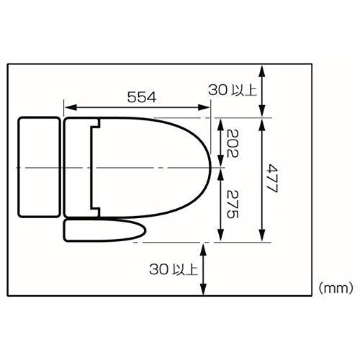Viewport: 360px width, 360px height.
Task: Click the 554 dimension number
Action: point(142,97)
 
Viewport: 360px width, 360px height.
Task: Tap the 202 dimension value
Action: point(233,143)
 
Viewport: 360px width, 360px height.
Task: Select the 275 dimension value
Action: point(233,204)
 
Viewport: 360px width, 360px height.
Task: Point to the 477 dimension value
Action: point(272,179)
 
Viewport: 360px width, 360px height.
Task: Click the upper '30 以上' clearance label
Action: point(233,90)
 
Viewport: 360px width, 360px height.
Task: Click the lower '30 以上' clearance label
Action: point(174,269)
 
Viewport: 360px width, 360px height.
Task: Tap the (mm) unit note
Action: point(336,287)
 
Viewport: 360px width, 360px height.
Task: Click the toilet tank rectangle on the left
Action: point(39,167)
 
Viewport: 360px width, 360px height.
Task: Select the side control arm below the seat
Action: point(104,230)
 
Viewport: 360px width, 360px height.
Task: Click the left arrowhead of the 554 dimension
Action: point(71,107)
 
